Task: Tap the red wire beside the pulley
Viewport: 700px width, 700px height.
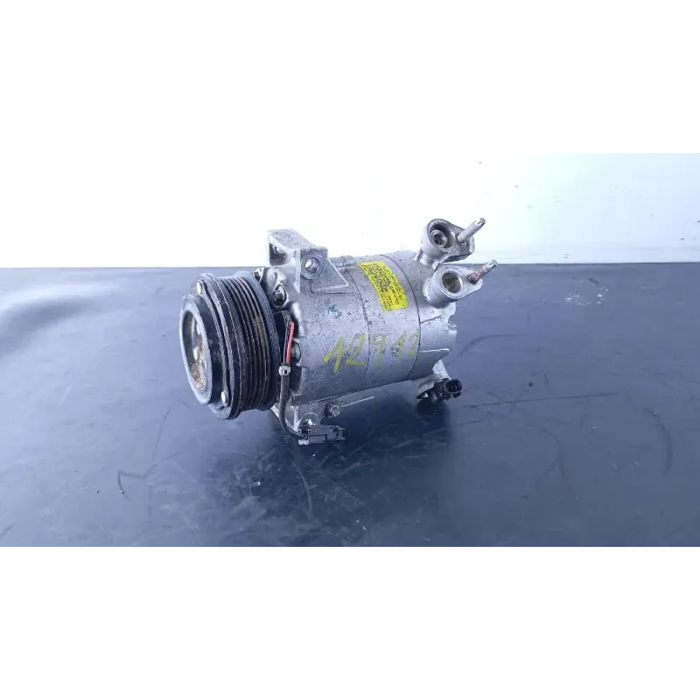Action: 290,337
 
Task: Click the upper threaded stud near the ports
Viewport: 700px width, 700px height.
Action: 471,229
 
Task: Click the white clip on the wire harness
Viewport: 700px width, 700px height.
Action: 284,372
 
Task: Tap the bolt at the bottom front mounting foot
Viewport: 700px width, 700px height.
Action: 332,410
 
